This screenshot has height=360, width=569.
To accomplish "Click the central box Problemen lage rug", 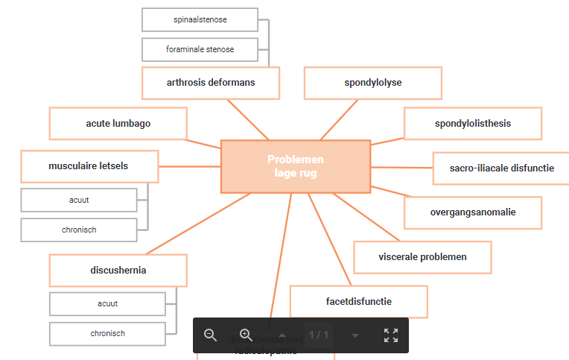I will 296,166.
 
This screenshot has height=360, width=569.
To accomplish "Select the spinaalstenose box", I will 200,19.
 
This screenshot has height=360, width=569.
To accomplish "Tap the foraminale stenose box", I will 200,49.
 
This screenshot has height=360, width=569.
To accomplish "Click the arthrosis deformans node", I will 211,83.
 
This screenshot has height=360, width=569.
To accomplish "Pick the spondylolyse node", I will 372,83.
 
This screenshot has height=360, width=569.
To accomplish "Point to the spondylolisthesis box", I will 472,123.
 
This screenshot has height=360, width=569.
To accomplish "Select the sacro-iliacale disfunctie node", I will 501,168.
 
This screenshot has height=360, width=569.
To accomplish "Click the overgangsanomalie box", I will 472,212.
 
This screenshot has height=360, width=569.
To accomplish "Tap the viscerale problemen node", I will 422,257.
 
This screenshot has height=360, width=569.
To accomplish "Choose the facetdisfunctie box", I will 358,302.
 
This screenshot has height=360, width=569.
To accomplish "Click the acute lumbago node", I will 118,123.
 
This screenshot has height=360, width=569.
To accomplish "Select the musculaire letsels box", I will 89,166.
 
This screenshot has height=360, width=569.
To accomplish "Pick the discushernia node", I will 118,271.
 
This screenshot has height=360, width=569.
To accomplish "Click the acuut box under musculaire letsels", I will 79,200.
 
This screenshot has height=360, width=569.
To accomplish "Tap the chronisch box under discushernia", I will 107,333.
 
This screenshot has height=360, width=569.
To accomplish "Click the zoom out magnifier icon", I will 211,335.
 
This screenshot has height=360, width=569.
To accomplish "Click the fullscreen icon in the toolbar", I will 391,335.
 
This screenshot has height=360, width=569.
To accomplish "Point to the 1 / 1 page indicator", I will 319,335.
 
